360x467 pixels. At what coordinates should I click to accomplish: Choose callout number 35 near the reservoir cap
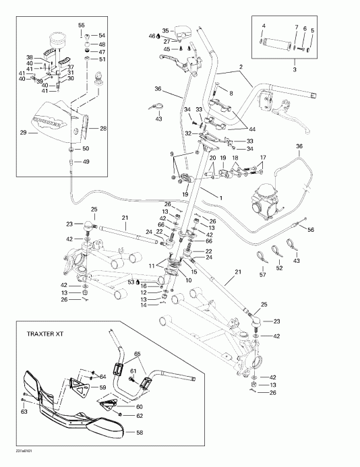[x=164, y=31]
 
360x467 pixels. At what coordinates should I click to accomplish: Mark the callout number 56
[x=311, y=229]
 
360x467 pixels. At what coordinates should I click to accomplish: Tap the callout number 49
[x=85, y=162]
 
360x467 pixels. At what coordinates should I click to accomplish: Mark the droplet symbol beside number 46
[x=157, y=36]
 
